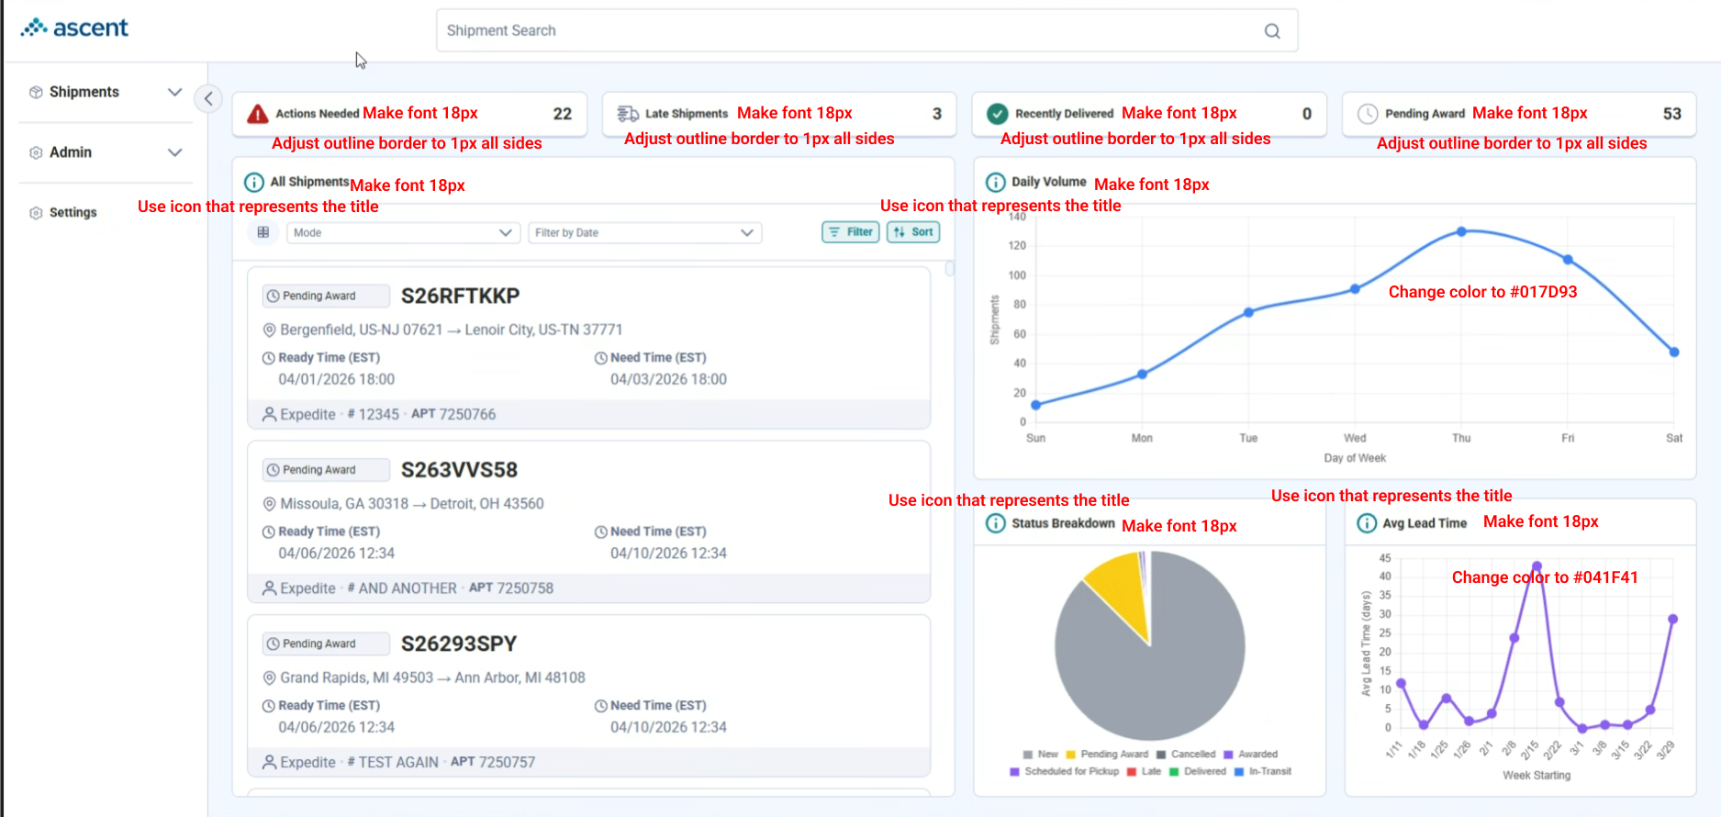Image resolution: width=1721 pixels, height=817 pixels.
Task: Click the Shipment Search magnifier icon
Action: coord(1272,31)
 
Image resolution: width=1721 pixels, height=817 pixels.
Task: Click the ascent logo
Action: coord(74,28)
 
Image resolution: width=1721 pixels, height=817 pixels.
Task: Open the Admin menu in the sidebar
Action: coord(106,152)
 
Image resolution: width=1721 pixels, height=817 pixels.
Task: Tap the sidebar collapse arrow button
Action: coord(208,98)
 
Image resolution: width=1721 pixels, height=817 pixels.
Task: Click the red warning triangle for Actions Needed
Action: coord(258,114)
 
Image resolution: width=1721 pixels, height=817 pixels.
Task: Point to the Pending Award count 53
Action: coord(1672,114)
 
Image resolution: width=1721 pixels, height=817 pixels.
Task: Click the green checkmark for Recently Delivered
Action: coord(997,114)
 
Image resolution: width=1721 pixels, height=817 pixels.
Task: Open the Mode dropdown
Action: coord(403,233)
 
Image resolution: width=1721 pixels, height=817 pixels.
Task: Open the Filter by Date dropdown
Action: coord(644,233)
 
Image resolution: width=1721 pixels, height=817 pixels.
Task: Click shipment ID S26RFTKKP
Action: coord(460,296)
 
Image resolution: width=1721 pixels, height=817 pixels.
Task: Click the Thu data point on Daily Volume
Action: coord(1461,231)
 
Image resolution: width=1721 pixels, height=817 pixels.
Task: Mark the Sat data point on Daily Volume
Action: coord(1674,352)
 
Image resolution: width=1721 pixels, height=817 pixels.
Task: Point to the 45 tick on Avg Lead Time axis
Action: coord(1385,558)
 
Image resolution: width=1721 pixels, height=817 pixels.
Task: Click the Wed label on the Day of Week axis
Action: coord(1355,438)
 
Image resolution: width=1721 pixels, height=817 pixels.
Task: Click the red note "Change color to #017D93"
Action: coord(1482,292)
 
